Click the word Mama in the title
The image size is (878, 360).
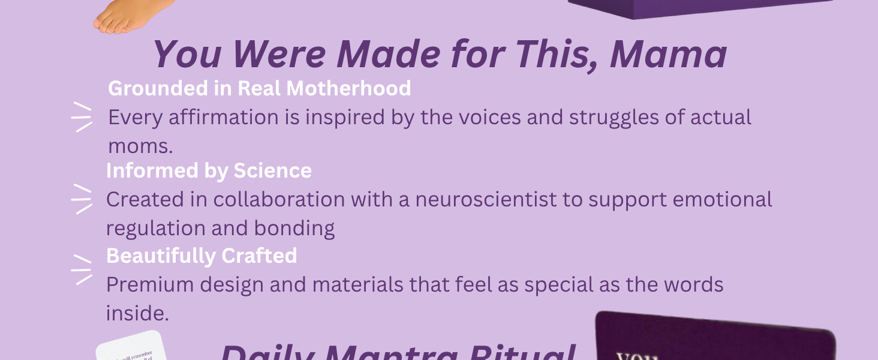669,54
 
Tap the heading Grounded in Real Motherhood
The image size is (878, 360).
259,88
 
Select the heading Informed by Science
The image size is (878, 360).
209,170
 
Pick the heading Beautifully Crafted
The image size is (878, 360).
202,256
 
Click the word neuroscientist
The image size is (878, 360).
486,199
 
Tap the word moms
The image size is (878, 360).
136,146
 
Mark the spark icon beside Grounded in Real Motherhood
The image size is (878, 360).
82,117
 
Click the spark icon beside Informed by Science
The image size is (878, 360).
82,199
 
